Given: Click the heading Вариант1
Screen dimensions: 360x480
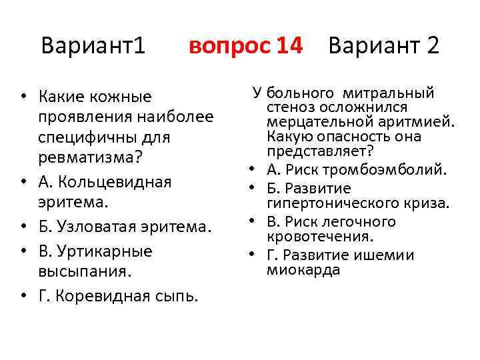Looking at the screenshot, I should pos(93,46).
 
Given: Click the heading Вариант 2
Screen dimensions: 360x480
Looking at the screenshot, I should pos(384,46).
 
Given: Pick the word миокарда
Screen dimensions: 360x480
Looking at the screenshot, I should pos(294,270).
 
